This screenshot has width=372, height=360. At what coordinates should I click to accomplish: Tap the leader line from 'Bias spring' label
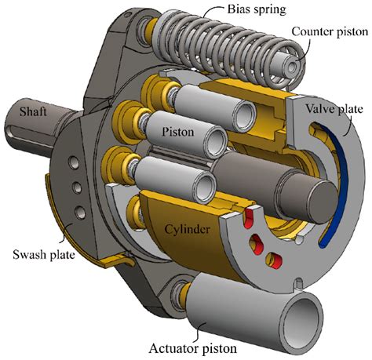click(198, 16)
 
